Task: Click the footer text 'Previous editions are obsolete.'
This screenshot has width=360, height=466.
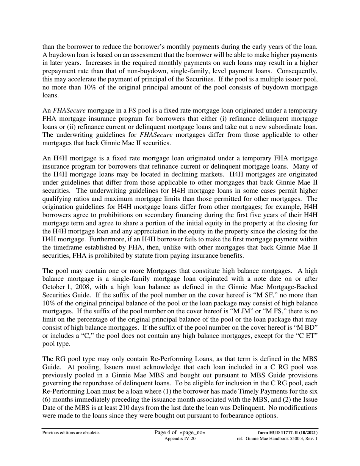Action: [x=71, y=433]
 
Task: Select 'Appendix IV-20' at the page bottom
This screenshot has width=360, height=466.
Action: [x=180, y=439]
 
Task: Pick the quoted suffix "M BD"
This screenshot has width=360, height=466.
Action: [x=306, y=327]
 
